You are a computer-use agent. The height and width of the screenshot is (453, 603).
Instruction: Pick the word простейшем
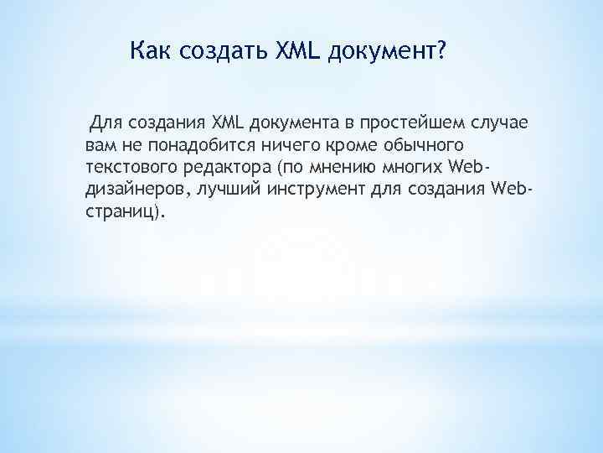(408, 124)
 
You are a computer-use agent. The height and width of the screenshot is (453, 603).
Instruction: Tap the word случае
(497, 124)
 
